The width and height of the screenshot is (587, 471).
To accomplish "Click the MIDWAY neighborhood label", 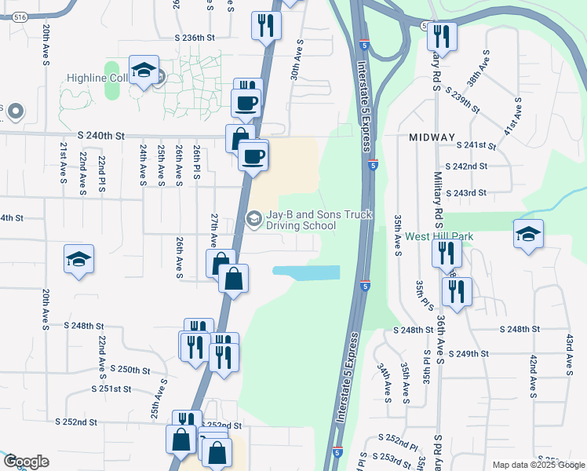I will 432,137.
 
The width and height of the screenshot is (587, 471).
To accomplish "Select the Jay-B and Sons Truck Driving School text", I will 319,219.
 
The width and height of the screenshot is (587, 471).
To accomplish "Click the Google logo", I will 26,462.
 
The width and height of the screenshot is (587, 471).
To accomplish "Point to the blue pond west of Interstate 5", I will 306,272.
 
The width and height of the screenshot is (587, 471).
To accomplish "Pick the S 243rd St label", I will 466,192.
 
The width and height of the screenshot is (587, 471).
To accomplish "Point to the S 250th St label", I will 130,369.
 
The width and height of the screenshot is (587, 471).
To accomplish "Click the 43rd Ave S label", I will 569,352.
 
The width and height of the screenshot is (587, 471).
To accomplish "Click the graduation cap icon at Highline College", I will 144,71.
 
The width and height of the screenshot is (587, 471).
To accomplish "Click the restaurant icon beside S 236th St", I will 266,25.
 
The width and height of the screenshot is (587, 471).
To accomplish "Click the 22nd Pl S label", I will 102,173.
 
